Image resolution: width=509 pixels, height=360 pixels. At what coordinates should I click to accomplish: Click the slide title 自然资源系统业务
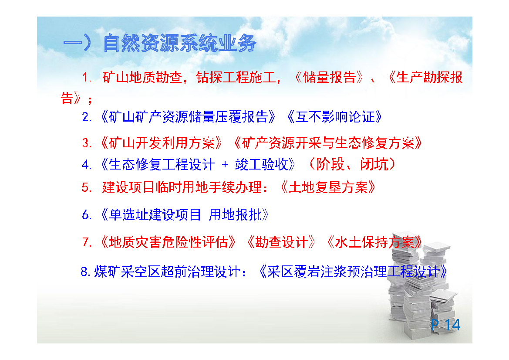180,43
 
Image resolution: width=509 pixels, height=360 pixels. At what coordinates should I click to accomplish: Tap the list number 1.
87,78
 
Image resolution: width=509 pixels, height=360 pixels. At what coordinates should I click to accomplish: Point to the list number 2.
87,117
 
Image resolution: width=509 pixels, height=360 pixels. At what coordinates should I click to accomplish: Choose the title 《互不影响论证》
335,117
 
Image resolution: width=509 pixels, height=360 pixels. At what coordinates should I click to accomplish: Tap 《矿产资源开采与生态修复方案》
328,143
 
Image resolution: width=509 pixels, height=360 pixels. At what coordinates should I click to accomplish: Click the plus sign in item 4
225,165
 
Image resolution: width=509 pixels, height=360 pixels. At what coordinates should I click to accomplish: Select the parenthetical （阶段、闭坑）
352,164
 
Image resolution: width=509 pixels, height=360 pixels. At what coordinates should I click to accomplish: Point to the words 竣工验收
262,164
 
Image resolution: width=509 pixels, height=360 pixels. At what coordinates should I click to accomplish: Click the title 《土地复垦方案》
328,187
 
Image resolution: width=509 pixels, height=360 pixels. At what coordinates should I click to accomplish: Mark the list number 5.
87,187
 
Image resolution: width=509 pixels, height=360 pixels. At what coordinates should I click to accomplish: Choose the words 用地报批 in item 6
235,214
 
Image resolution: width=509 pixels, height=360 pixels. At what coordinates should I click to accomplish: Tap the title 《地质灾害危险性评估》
169,242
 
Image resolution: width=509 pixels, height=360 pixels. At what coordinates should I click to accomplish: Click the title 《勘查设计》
281,242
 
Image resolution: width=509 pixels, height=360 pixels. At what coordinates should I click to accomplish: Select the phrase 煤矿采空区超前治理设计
167,272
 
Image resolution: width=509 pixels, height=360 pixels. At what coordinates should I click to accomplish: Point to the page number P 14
446,325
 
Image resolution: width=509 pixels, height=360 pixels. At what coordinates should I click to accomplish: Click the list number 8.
86,272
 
